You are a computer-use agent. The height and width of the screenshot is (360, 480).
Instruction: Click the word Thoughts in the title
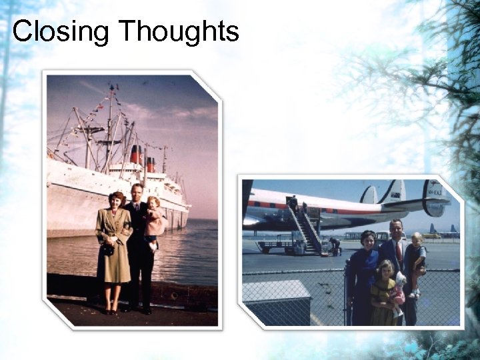[179, 31]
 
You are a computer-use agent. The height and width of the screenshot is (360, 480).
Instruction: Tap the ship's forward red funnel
[136, 155]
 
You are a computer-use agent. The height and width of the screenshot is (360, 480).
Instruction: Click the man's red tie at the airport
[399, 251]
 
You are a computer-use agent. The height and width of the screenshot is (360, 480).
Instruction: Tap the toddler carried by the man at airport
[416, 260]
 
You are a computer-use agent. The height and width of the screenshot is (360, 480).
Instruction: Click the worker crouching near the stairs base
[335, 247]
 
